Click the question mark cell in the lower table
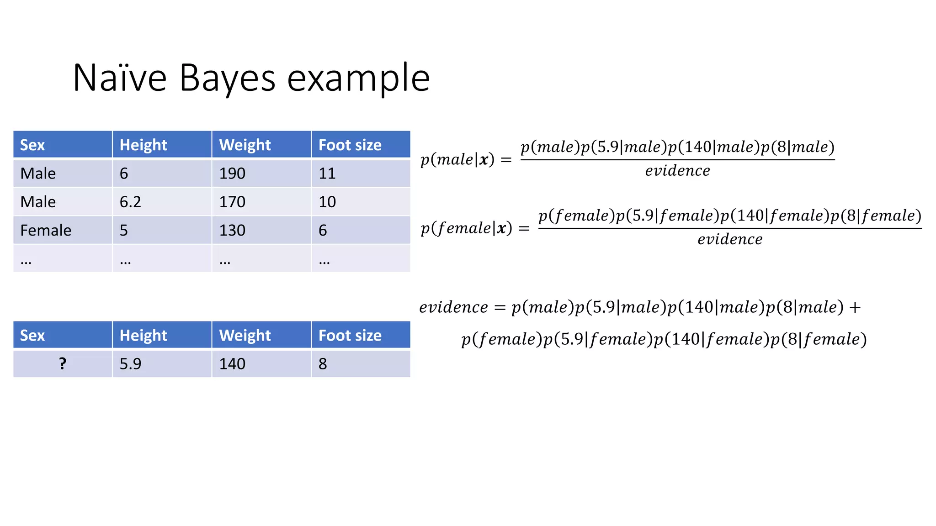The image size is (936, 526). (63, 363)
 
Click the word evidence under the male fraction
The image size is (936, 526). (677, 171)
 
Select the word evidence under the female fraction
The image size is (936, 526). (730, 239)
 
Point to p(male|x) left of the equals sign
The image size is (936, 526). (457, 159)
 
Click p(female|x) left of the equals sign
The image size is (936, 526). (466, 228)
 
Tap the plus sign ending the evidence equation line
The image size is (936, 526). (855, 307)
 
